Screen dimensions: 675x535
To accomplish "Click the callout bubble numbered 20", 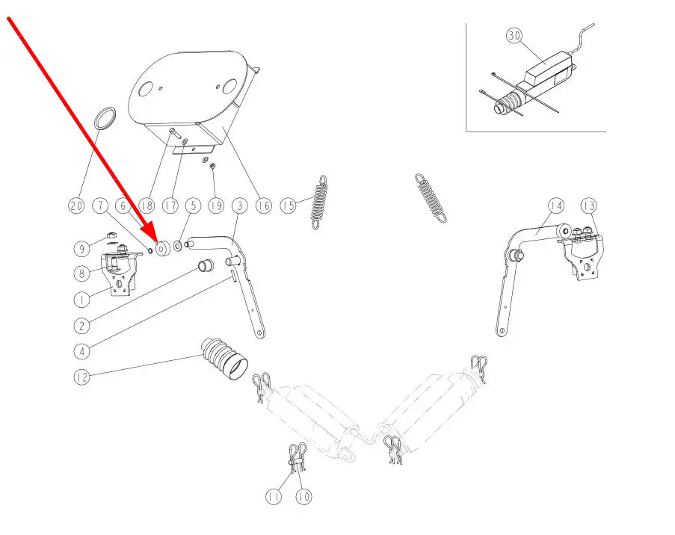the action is click(75, 205).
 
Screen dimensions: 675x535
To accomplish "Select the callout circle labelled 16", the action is click(263, 205).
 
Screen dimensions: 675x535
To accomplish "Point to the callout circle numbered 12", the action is click(81, 377).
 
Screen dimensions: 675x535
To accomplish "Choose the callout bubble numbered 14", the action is click(555, 205).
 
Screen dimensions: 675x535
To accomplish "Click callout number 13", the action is click(590, 205).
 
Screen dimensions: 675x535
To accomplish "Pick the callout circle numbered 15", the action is click(289, 205).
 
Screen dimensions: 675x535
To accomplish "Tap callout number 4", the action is click(81, 350).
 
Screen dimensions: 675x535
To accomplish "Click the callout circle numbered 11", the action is click(273, 495).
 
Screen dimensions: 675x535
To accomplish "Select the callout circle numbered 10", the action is click(303, 495).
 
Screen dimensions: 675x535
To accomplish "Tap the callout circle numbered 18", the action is click(147, 205).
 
